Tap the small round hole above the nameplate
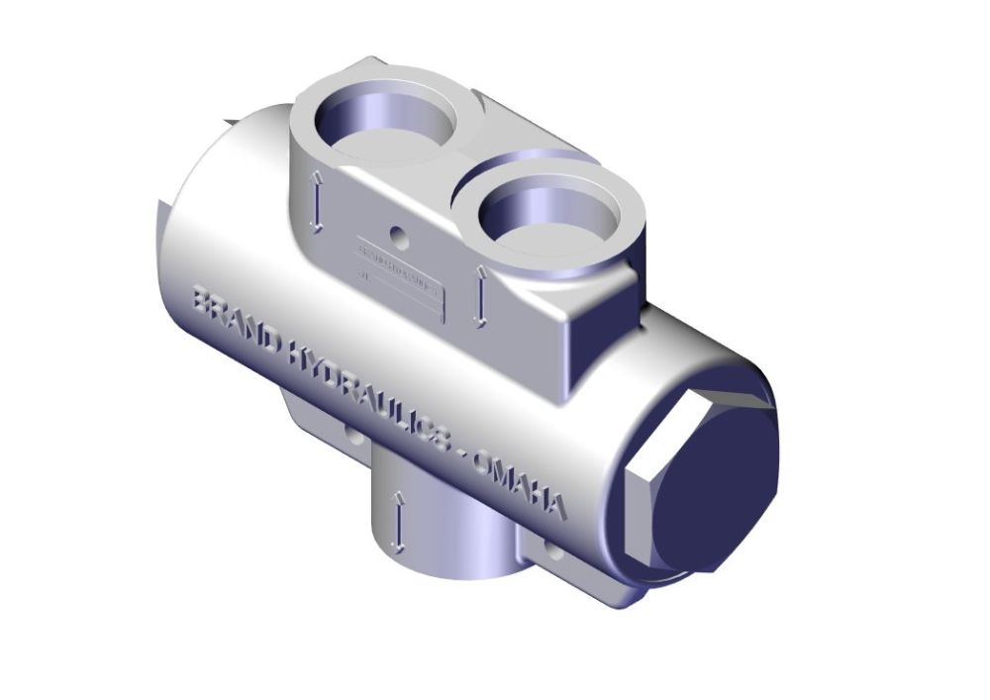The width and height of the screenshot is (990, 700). click(399, 238)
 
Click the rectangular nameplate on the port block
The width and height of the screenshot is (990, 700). click(401, 280)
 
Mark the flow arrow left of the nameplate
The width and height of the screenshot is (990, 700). click(317, 202)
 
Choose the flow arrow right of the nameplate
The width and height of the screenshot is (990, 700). click(480, 297)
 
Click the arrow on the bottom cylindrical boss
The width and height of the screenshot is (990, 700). click(397, 520)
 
